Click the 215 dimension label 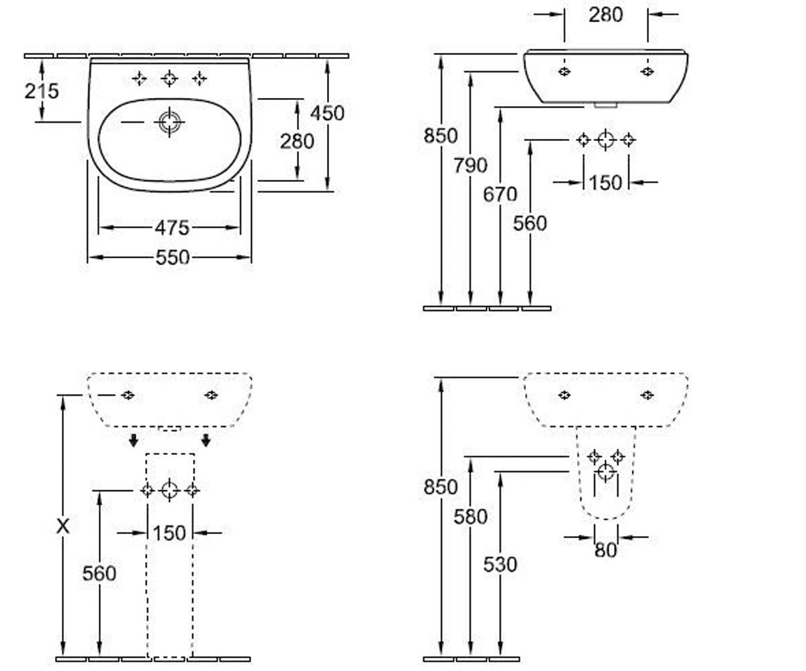click(x=42, y=91)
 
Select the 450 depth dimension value click(x=327, y=113)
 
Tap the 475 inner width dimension click(x=172, y=227)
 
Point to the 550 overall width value click(x=173, y=257)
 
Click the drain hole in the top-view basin click(x=169, y=122)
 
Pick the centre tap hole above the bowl click(x=169, y=79)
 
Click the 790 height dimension click(x=470, y=166)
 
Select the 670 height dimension click(x=500, y=194)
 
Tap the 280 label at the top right click(x=606, y=15)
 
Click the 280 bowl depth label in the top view click(x=297, y=141)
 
